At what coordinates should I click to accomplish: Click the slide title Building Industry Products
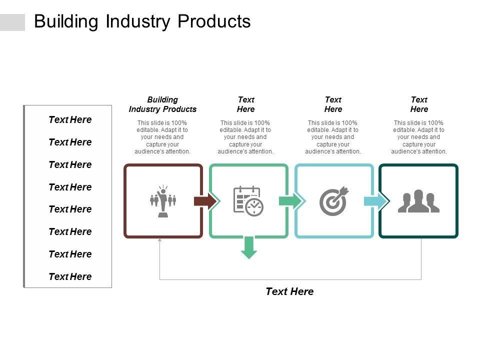tap(142, 21)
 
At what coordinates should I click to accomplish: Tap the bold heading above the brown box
tap(162, 104)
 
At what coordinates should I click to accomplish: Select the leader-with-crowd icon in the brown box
tap(163, 201)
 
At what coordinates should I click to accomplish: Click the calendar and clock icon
tap(248, 201)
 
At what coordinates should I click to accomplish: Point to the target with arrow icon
tap(333, 201)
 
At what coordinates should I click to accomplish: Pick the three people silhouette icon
tap(418, 201)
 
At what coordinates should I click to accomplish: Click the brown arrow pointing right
tap(205, 201)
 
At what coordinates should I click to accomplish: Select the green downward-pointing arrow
tap(248, 247)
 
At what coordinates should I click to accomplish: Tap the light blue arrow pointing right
tap(376, 201)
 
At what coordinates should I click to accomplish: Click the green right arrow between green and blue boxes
tap(290, 201)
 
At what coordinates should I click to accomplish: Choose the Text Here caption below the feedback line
tap(289, 291)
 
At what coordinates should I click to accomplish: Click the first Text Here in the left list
tap(70, 119)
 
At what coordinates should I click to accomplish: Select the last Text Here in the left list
tap(70, 276)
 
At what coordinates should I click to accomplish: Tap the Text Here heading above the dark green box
tap(419, 104)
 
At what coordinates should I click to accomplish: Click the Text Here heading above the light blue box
tap(333, 104)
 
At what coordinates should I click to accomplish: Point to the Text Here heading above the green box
tap(245, 104)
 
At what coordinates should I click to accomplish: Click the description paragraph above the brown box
tap(162, 137)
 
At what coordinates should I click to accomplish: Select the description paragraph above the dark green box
tap(419, 137)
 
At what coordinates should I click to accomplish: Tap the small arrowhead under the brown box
tap(160, 241)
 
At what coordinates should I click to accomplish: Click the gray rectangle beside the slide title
tap(12, 22)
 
